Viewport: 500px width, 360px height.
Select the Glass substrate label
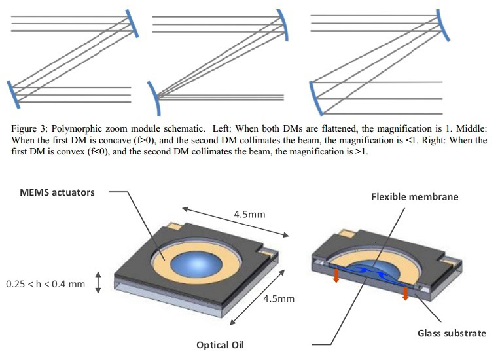tap(452, 333)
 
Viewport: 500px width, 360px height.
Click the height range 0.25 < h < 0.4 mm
tap(45, 285)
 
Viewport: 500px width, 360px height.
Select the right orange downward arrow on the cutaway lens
tap(406, 293)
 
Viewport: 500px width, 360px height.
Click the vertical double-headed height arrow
tap(99, 283)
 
